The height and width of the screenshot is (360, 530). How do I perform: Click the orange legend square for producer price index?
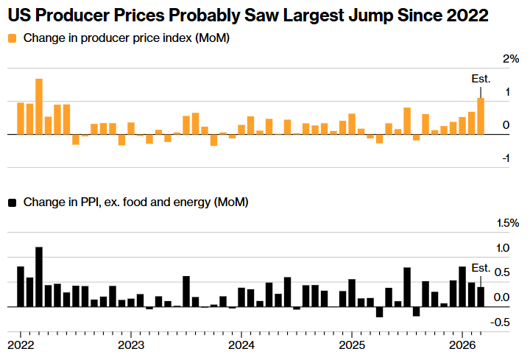pyautogui.click(x=13, y=38)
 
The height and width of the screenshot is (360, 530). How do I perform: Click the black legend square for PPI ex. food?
pyautogui.click(x=13, y=201)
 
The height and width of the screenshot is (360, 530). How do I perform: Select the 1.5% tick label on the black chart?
pyautogui.click(x=508, y=222)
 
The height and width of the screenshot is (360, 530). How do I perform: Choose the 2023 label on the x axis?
pyautogui.click(x=130, y=345)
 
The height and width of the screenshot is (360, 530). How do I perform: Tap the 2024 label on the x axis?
pyautogui.click(x=241, y=345)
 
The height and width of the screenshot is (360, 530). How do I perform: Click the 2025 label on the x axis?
pyautogui.click(x=351, y=345)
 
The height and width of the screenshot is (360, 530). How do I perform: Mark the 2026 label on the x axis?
pyautogui.click(x=462, y=345)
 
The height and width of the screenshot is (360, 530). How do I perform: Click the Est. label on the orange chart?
pyautogui.click(x=480, y=79)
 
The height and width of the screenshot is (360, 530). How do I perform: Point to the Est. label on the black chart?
pyautogui.click(x=481, y=267)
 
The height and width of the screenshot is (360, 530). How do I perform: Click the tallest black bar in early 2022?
pyautogui.click(x=39, y=276)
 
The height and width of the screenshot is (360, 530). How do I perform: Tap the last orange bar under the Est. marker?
pyautogui.click(x=481, y=116)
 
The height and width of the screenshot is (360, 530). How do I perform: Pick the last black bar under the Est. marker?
pyautogui.click(x=481, y=297)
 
